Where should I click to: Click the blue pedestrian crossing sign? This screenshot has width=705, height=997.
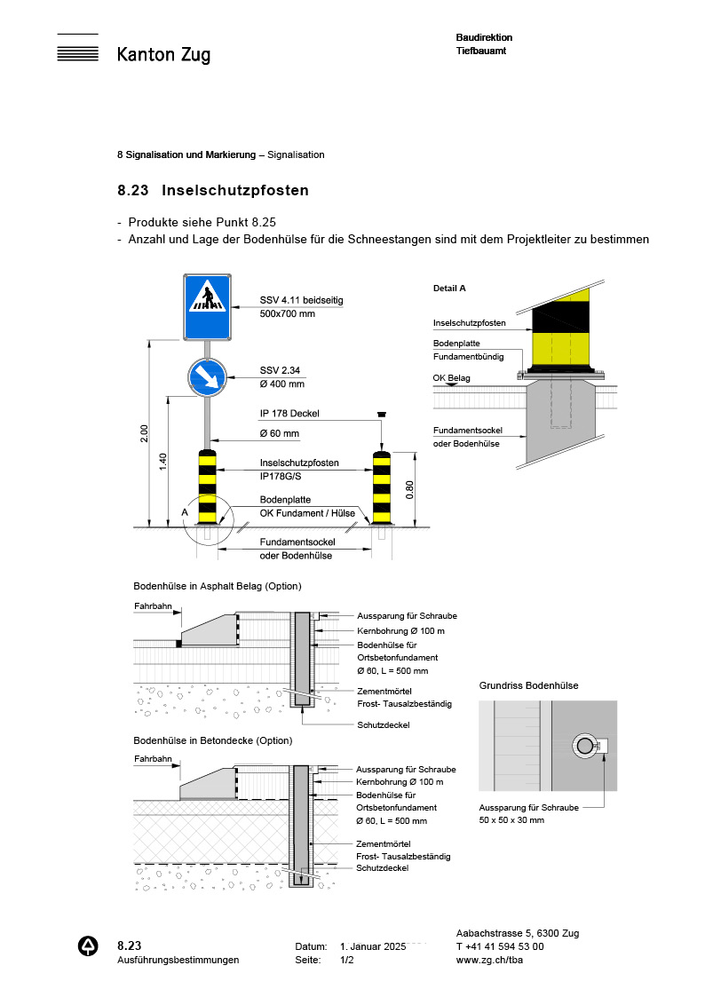(208, 306)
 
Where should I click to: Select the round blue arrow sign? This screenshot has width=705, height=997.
(206, 376)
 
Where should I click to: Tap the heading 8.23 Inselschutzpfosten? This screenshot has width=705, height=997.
(213, 190)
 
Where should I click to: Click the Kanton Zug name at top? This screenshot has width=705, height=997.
(163, 55)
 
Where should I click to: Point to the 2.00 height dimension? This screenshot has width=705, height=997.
(145, 433)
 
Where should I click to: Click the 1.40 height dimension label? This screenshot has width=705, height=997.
(162, 463)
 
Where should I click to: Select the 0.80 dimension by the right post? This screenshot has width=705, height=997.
(408, 490)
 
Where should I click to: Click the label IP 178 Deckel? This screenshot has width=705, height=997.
(289, 414)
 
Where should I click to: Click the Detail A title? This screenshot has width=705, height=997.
(449, 289)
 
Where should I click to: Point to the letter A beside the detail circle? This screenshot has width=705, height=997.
(184, 512)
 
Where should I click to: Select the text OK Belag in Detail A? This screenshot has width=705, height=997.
(451, 378)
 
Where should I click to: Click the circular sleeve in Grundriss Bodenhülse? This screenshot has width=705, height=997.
(584, 747)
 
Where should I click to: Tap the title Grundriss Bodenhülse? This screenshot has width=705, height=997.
(528, 685)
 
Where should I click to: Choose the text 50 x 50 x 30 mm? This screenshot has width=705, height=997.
(511, 820)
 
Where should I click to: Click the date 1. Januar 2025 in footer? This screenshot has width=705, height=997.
(373, 946)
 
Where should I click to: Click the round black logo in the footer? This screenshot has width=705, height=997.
(89, 946)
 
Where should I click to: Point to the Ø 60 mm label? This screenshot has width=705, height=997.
(279, 434)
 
